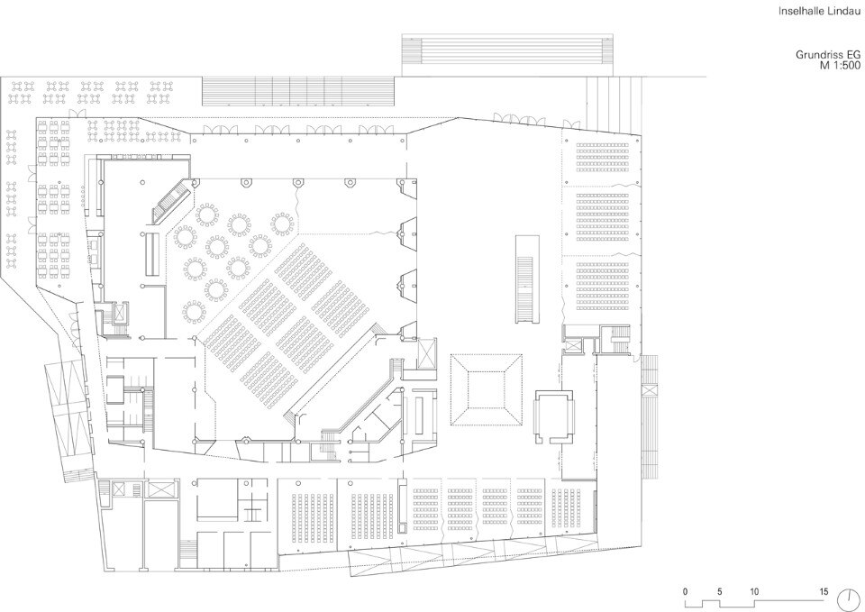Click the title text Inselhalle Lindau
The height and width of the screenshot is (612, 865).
point(819,11)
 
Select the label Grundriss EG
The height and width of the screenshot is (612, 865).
point(827,55)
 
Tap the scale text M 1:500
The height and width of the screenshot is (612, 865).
point(840,65)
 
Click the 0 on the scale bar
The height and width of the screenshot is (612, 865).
point(685,591)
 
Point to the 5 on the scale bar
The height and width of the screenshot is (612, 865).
point(719,591)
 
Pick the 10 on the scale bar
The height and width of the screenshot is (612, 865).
point(754,591)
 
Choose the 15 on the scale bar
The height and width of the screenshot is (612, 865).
point(823,591)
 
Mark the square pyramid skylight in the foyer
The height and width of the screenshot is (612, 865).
point(487,389)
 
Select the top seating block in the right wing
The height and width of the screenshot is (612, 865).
point(603,157)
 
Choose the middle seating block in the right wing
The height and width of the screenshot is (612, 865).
point(603,217)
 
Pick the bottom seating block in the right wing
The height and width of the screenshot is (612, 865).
point(603,287)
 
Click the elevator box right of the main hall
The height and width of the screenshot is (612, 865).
point(427,353)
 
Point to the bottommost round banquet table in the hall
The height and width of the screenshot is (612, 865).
point(194,313)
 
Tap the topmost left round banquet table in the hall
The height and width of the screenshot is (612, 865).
point(207,215)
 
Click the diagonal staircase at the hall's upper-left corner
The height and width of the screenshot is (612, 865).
point(171,201)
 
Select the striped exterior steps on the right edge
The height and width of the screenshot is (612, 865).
point(650,417)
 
